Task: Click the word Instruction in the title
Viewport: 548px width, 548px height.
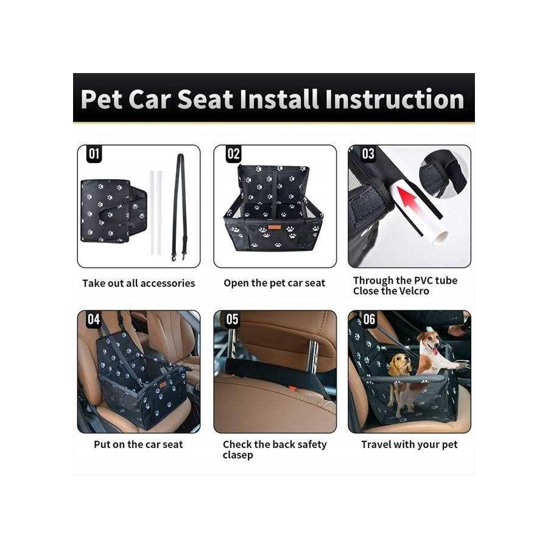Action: click(394, 99)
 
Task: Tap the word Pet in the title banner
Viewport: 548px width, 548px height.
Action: click(101, 99)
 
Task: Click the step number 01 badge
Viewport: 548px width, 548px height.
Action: click(94, 154)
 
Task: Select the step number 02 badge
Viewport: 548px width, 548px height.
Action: click(233, 154)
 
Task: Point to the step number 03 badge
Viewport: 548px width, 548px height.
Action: click(368, 154)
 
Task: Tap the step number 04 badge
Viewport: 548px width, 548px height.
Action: click(94, 319)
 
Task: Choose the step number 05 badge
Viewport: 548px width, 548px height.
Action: click(232, 319)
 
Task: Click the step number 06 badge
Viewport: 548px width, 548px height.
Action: click(369, 319)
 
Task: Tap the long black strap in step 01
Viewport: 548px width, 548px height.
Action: click(180, 206)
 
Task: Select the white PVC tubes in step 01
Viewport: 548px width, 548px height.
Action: click(156, 213)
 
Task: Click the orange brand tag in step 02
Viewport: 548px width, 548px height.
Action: click(275, 228)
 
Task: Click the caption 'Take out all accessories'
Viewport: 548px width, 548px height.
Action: click(139, 283)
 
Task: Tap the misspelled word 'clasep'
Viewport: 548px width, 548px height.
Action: click(237, 455)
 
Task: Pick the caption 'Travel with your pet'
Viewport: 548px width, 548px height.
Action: click(409, 445)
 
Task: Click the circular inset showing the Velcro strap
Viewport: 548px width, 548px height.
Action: click(444, 174)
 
